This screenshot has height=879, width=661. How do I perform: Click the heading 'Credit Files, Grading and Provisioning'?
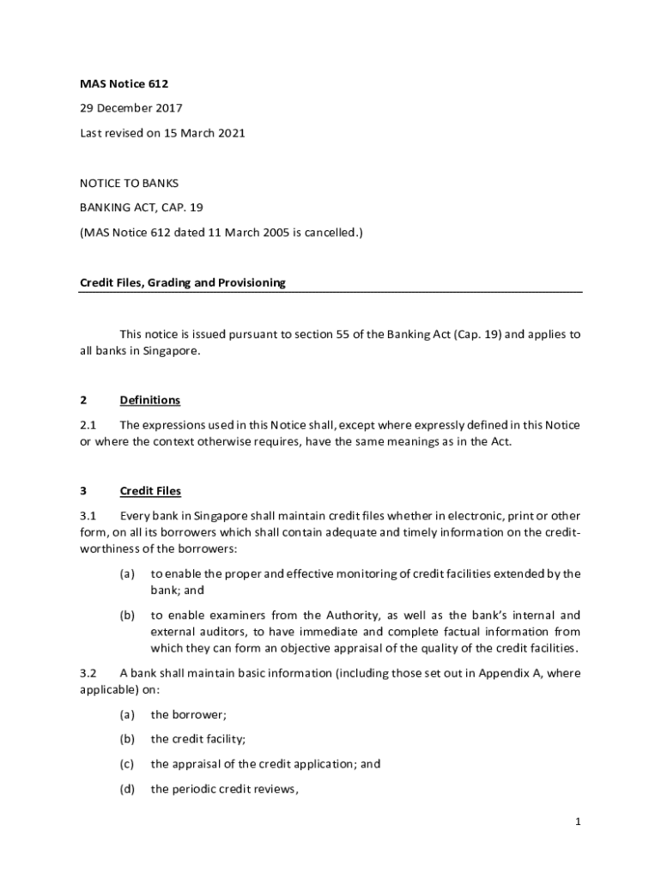[x=183, y=282]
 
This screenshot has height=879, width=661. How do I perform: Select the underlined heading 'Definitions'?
[x=150, y=400]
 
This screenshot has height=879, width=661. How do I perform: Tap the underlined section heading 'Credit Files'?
[x=150, y=491]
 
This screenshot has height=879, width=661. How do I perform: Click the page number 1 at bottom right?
[x=579, y=821]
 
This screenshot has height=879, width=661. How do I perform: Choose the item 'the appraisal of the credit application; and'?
[x=265, y=764]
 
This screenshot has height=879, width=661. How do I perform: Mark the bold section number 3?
[x=83, y=491]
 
